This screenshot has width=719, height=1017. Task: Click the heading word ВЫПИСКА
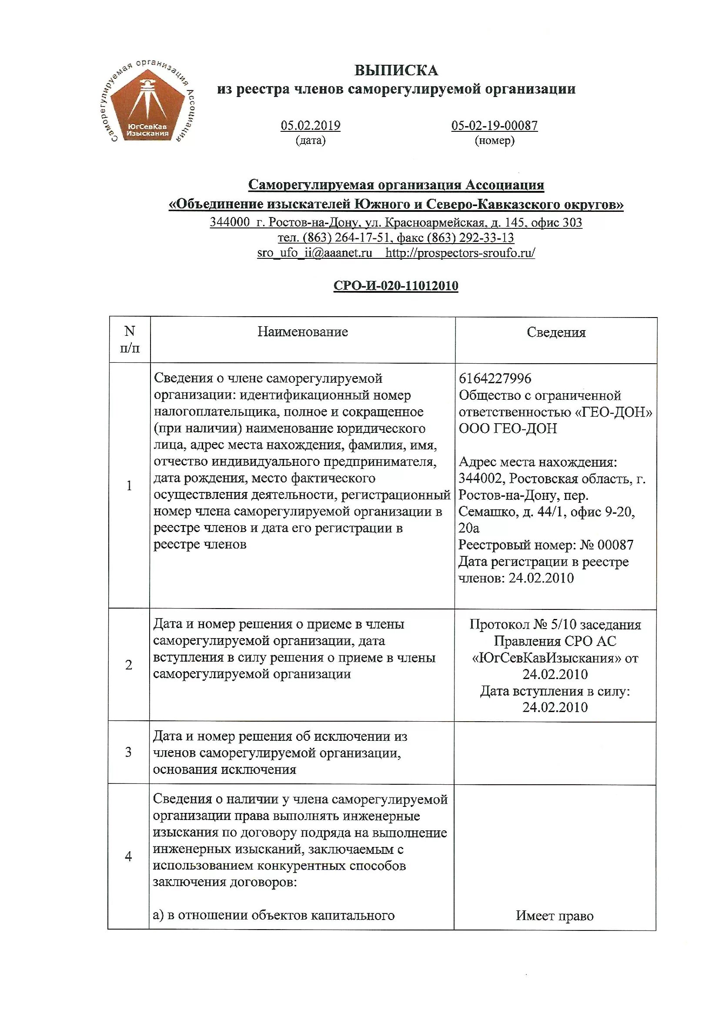click(x=396, y=70)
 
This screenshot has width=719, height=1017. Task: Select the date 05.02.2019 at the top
click(x=310, y=125)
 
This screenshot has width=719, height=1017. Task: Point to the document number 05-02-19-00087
click(x=495, y=125)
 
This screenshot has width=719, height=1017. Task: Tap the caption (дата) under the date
click(x=310, y=141)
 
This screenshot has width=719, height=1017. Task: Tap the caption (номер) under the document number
click(x=495, y=141)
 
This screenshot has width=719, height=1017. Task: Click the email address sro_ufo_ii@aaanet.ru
click(x=314, y=253)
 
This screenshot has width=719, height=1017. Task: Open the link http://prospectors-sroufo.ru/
click(x=460, y=253)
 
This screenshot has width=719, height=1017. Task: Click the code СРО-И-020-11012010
click(x=396, y=286)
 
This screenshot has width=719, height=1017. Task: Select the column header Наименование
click(x=303, y=332)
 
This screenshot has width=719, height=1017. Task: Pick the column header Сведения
click(x=555, y=333)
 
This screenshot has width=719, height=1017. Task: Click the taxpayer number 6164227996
click(x=495, y=378)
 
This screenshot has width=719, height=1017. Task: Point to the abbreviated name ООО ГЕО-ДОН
click(x=508, y=428)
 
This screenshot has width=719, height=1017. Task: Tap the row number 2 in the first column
click(x=129, y=664)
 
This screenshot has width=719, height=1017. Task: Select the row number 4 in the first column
click(x=128, y=856)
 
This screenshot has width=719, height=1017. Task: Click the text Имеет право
click(x=554, y=916)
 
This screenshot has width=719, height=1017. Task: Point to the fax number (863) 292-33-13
click(x=471, y=238)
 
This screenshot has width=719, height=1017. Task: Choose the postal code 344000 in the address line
click(x=230, y=222)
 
